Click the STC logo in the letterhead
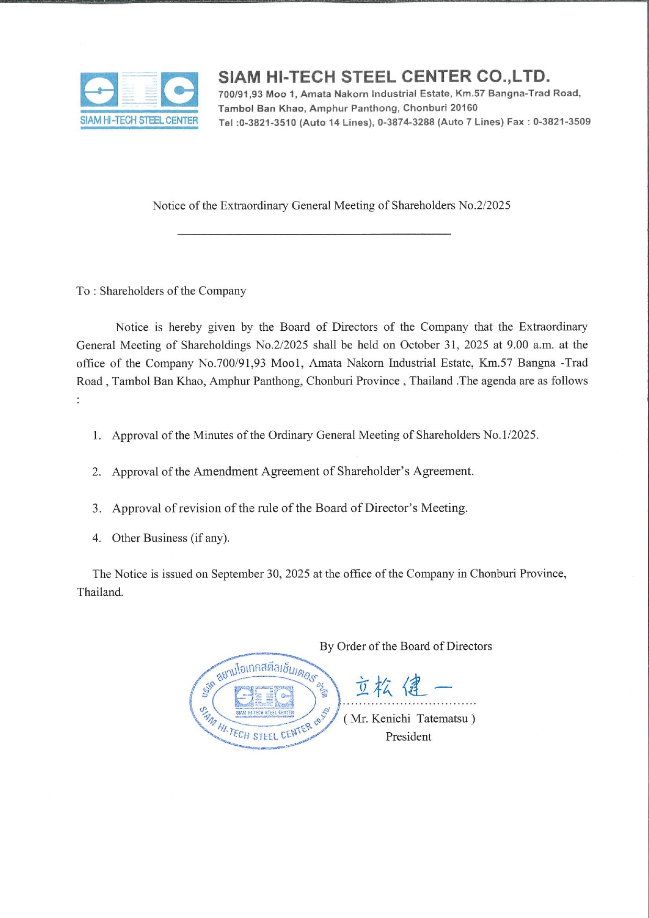point(139,99)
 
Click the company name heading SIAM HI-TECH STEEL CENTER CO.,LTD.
point(384,77)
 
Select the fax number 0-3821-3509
point(562,122)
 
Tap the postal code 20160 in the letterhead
point(464,108)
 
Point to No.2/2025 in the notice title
point(484,205)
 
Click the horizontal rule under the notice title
point(314,233)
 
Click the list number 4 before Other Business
point(96,538)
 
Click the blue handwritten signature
point(402,686)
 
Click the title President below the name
point(408,737)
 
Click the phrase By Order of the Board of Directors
point(406,646)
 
